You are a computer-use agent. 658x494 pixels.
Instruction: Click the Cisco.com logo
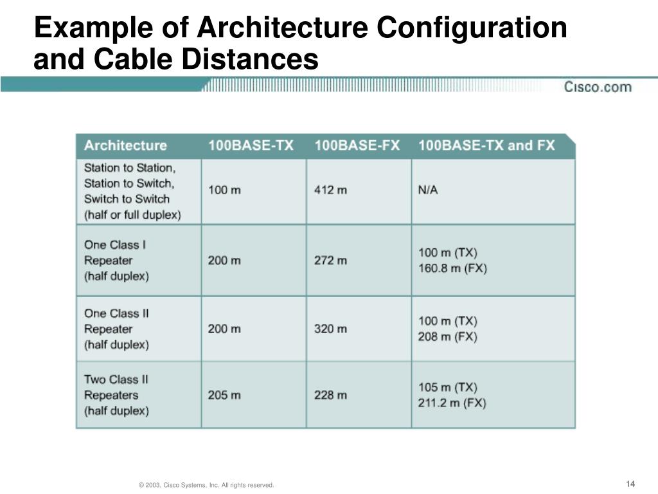coord(598,87)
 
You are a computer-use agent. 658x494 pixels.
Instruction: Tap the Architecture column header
coord(125,145)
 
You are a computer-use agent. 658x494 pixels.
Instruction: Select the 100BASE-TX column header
coord(251,145)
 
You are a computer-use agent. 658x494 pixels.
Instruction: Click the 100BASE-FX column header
coord(357,145)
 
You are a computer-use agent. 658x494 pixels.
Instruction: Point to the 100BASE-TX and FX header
coord(486,145)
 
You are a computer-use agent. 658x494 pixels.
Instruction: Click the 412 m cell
coord(331,190)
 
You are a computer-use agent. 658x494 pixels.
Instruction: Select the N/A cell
coord(428,190)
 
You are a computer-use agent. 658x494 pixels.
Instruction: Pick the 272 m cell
coord(331,261)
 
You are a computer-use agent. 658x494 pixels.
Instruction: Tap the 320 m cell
coord(331,329)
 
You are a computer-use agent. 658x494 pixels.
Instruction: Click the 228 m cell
coord(331,395)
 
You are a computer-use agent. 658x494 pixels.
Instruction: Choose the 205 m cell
coord(224,395)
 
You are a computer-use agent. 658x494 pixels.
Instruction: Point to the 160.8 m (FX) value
coord(452,268)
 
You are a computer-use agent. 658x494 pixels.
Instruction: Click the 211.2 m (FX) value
coord(452,403)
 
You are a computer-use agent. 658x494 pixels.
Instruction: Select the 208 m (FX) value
coord(448,336)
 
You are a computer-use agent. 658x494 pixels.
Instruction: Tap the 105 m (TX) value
coord(448,387)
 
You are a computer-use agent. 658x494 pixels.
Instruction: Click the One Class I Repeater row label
coord(116,261)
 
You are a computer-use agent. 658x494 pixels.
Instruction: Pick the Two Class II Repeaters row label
coord(116,395)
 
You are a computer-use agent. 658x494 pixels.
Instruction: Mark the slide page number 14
coord(630,484)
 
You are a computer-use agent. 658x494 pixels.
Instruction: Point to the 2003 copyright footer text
coord(206,484)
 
